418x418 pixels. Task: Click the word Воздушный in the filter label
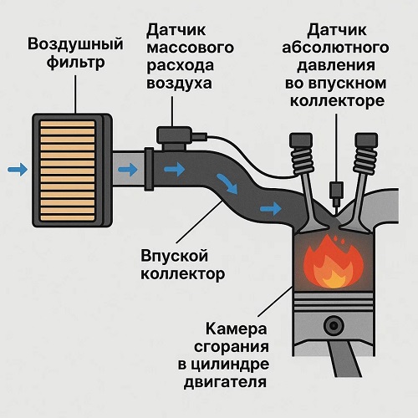coord(75,45)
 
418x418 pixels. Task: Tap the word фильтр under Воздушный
coord(75,63)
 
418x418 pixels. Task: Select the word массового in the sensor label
coord(190,48)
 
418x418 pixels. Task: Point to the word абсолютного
coord(335,48)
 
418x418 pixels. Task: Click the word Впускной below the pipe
coord(174,256)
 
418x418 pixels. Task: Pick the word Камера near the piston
coord(237,329)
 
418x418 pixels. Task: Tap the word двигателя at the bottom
coord(225,381)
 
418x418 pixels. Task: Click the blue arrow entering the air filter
coord(18,169)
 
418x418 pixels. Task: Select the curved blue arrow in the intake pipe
coord(227,183)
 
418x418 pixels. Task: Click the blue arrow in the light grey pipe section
coord(128,169)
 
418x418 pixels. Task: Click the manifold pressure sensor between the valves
coord(336,193)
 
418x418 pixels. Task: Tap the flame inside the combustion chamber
coord(334,266)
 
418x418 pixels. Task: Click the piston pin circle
coord(334,325)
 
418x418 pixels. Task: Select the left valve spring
coord(303,161)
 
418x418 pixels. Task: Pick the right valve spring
coord(365,161)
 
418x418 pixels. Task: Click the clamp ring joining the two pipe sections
coord(149,169)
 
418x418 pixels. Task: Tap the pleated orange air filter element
coord(68,170)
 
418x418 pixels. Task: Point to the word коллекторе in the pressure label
coord(337,101)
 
